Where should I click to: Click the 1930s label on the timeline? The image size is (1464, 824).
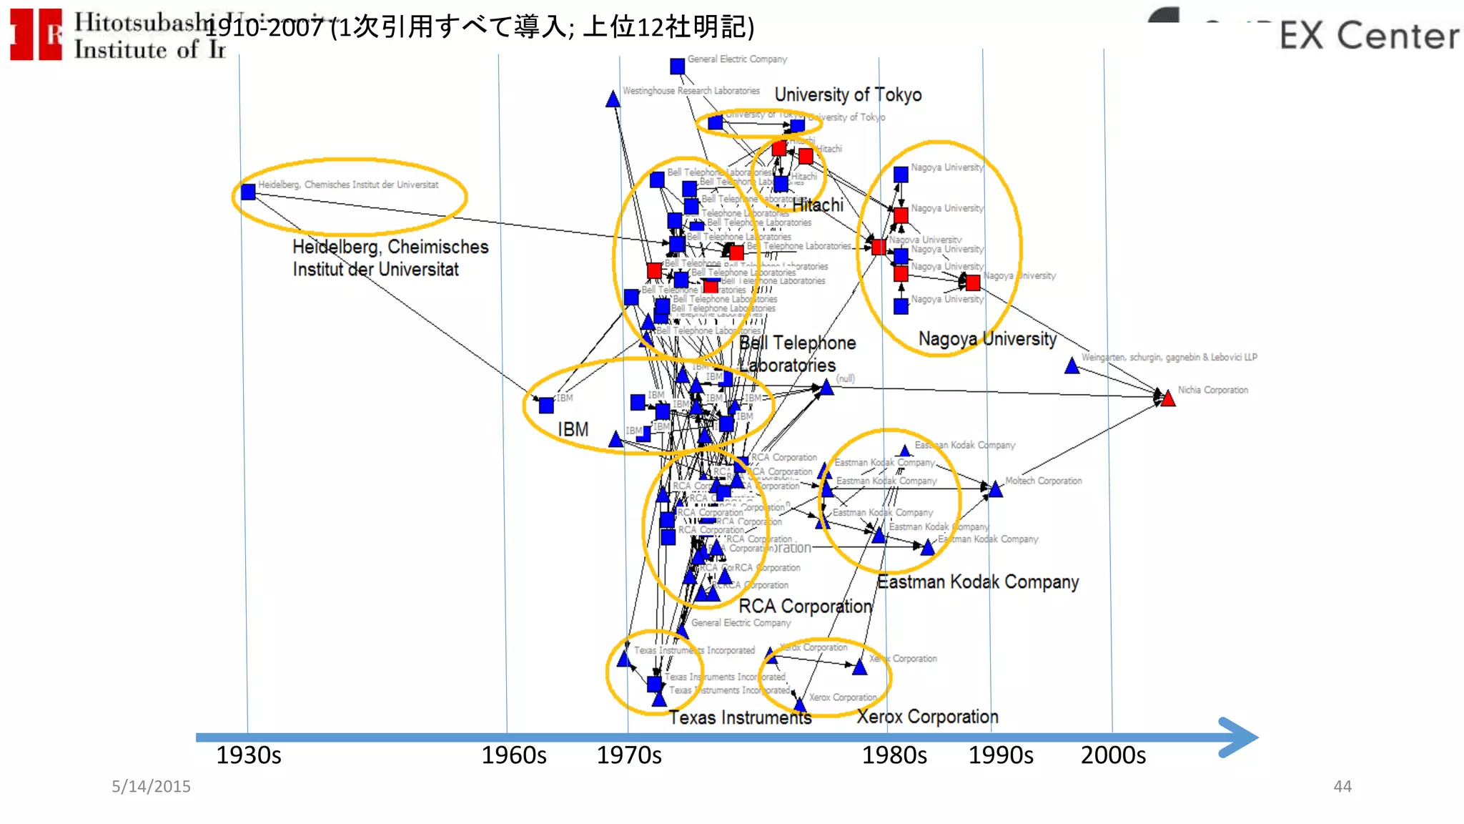point(249,755)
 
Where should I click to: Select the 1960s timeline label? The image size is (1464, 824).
point(513,755)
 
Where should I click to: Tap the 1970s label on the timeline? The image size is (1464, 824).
point(629,755)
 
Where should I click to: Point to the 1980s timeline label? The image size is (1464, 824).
point(894,755)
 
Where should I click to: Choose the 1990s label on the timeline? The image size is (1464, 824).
point(1001,755)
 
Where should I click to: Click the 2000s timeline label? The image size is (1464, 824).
point(1113,755)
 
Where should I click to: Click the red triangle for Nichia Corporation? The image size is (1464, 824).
point(1168,398)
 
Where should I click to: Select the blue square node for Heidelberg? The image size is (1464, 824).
point(248,192)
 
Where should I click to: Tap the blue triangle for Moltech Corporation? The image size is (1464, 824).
point(995,489)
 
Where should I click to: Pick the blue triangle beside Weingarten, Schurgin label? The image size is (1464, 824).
point(1072,366)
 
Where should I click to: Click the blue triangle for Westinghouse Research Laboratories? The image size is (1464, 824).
point(613,99)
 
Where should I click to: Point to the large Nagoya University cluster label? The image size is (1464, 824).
point(987,339)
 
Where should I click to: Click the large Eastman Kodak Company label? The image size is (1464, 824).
point(978,582)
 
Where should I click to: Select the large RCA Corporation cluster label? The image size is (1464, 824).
point(805,607)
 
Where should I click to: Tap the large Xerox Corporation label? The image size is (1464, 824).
point(927,717)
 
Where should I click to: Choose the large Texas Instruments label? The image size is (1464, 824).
point(740,717)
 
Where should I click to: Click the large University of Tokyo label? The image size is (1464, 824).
point(848,94)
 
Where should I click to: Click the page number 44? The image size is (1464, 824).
point(1342,786)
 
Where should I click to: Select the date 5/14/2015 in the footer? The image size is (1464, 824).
point(151,786)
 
